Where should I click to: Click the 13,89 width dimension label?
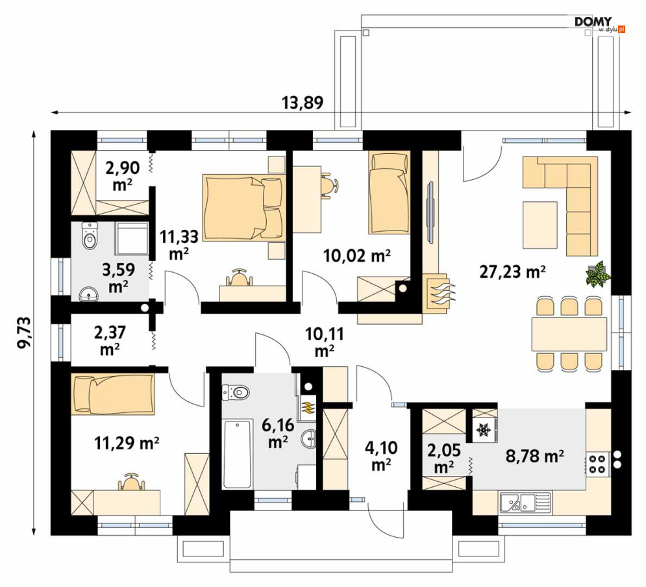[303, 102]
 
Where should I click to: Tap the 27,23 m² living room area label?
[513, 271]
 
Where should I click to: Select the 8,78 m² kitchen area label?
[535, 456]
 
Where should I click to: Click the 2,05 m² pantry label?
[443, 458]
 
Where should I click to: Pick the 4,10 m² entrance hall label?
[381, 456]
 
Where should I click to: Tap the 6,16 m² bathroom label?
[278, 432]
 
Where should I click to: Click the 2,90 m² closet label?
[122, 177]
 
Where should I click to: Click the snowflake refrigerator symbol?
[484, 430]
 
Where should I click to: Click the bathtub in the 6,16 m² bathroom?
[238, 454]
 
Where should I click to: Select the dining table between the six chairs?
[569, 334]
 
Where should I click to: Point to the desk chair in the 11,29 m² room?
[132, 482]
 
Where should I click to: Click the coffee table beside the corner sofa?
[540, 225]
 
